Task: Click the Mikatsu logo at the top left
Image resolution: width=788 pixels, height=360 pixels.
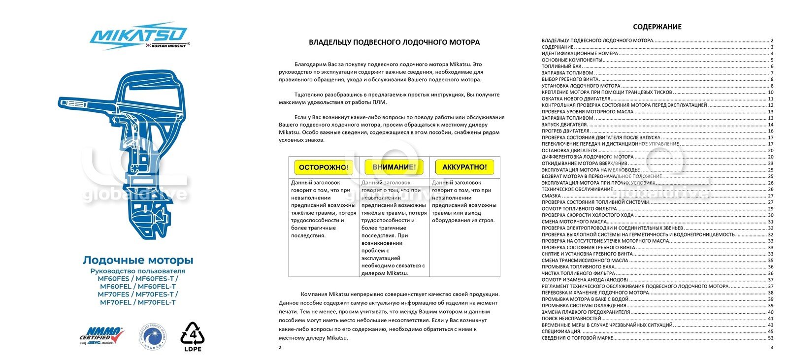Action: pos(138,35)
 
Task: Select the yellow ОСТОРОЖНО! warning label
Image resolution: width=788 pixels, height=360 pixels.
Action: pos(324,167)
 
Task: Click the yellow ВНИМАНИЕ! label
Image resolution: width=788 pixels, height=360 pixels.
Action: pos(394,167)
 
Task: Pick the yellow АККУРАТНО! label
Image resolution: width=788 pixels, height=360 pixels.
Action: pos(464,167)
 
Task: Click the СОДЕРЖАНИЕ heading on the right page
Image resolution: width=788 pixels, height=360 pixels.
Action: pos(657,27)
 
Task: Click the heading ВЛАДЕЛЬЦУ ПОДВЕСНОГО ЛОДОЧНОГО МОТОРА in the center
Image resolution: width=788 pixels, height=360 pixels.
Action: pos(394,42)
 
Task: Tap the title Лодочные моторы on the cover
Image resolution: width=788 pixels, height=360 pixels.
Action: pos(138,260)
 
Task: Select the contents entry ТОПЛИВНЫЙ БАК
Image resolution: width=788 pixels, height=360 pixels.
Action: pos(562,66)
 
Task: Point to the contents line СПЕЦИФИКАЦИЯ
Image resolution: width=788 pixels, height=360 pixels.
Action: pos(561,331)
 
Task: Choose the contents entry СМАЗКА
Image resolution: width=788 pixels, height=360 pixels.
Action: pos(551,196)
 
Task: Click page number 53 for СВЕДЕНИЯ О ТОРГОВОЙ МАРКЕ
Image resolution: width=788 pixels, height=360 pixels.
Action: pos(771,338)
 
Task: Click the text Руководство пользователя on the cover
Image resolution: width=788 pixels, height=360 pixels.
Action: pos(138,271)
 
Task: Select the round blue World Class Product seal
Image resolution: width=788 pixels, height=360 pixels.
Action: pos(155,337)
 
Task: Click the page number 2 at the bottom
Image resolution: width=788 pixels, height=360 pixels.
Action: pos(280,348)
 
